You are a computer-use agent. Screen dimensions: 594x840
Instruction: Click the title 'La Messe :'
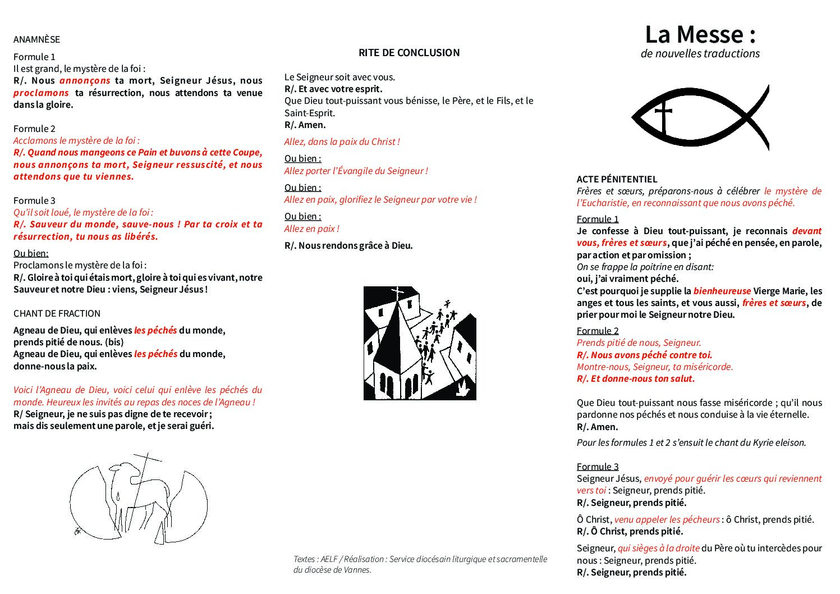pyautogui.click(x=700, y=35)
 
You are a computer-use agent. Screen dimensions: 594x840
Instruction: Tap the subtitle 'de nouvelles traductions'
pyautogui.click(x=700, y=54)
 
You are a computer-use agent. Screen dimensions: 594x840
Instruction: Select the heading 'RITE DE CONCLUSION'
pyautogui.click(x=409, y=53)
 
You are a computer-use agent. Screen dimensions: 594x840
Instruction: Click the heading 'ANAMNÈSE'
pyautogui.click(x=36, y=39)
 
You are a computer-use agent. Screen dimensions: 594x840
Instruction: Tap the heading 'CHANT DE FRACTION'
pyautogui.click(x=57, y=313)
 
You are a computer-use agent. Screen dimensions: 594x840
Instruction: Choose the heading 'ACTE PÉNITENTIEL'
pyautogui.click(x=617, y=179)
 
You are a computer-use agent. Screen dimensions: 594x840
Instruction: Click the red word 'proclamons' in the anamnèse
pyautogui.click(x=41, y=93)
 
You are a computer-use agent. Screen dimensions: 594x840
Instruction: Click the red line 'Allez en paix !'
pyautogui.click(x=311, y=229)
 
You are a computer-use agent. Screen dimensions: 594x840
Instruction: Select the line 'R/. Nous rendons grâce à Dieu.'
pyautogui.click(x=348, y=245)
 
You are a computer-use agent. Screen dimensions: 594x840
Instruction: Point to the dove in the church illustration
pyautogui.click(x=463, y=389)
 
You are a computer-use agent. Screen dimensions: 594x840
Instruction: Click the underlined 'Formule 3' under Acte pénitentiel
pyautogui.click(x=598, y=467)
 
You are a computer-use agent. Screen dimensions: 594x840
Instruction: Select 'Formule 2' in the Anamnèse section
pyautogui.click(x=34, y=129)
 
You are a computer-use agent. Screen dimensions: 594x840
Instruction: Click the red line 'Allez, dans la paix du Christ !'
pyautogui.click(x=342, y=141)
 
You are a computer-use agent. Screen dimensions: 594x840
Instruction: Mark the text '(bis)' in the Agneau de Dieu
pyautogui.click(x=114, y=342)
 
